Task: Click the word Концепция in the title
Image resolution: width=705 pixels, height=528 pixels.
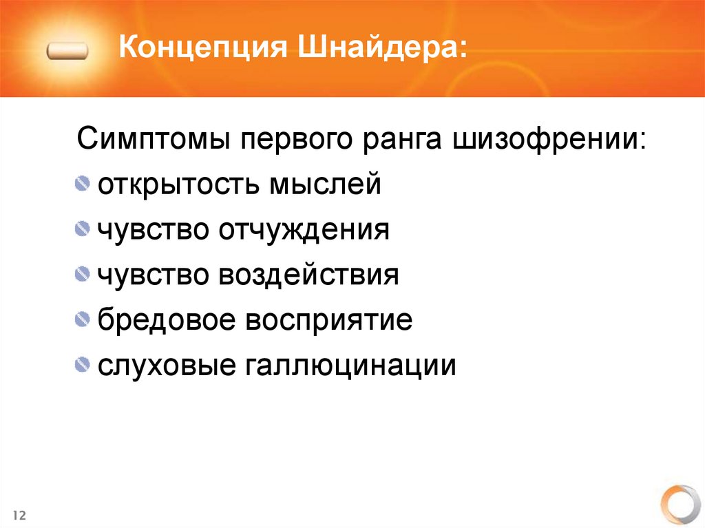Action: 202,51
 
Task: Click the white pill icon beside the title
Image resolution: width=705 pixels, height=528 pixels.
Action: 67,51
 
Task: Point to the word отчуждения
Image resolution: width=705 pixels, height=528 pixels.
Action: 304,229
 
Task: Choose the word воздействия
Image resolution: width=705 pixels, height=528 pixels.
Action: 309,275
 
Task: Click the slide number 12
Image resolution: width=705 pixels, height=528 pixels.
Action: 19,515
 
